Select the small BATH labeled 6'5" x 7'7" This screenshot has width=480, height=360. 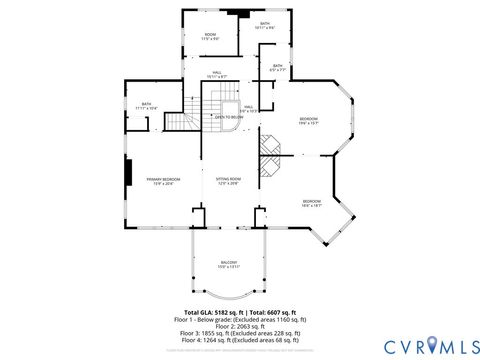[277, 69]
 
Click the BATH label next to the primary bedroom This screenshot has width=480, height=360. [146, 105]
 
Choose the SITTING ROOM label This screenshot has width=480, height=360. [229, 180]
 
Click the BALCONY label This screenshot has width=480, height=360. [229, 264]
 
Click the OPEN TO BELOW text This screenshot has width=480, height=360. [228, 116]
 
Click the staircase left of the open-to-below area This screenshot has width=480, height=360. [176, 122]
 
